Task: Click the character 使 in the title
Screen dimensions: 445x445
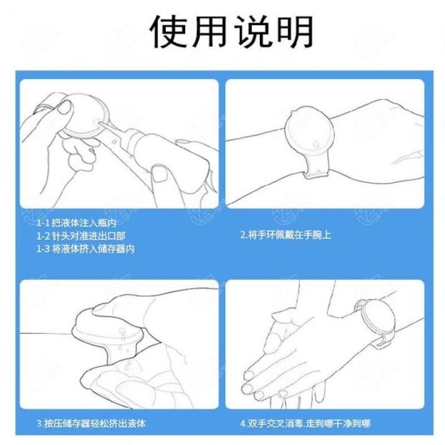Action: (169, 31)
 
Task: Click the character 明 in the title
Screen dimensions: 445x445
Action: (295, 31)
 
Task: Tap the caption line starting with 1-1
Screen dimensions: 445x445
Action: (76, 223)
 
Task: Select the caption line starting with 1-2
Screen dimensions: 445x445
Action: (81, 236)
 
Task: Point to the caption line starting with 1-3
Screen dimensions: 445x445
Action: (85, 249)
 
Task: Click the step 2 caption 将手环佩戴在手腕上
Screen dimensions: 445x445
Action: (285, 235)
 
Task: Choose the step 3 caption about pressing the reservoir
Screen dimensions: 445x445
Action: (91, 424)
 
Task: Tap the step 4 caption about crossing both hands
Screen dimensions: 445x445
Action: (305, 424)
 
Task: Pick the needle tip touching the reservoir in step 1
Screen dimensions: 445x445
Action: (100, 122)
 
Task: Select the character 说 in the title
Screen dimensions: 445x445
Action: (253, 31)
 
